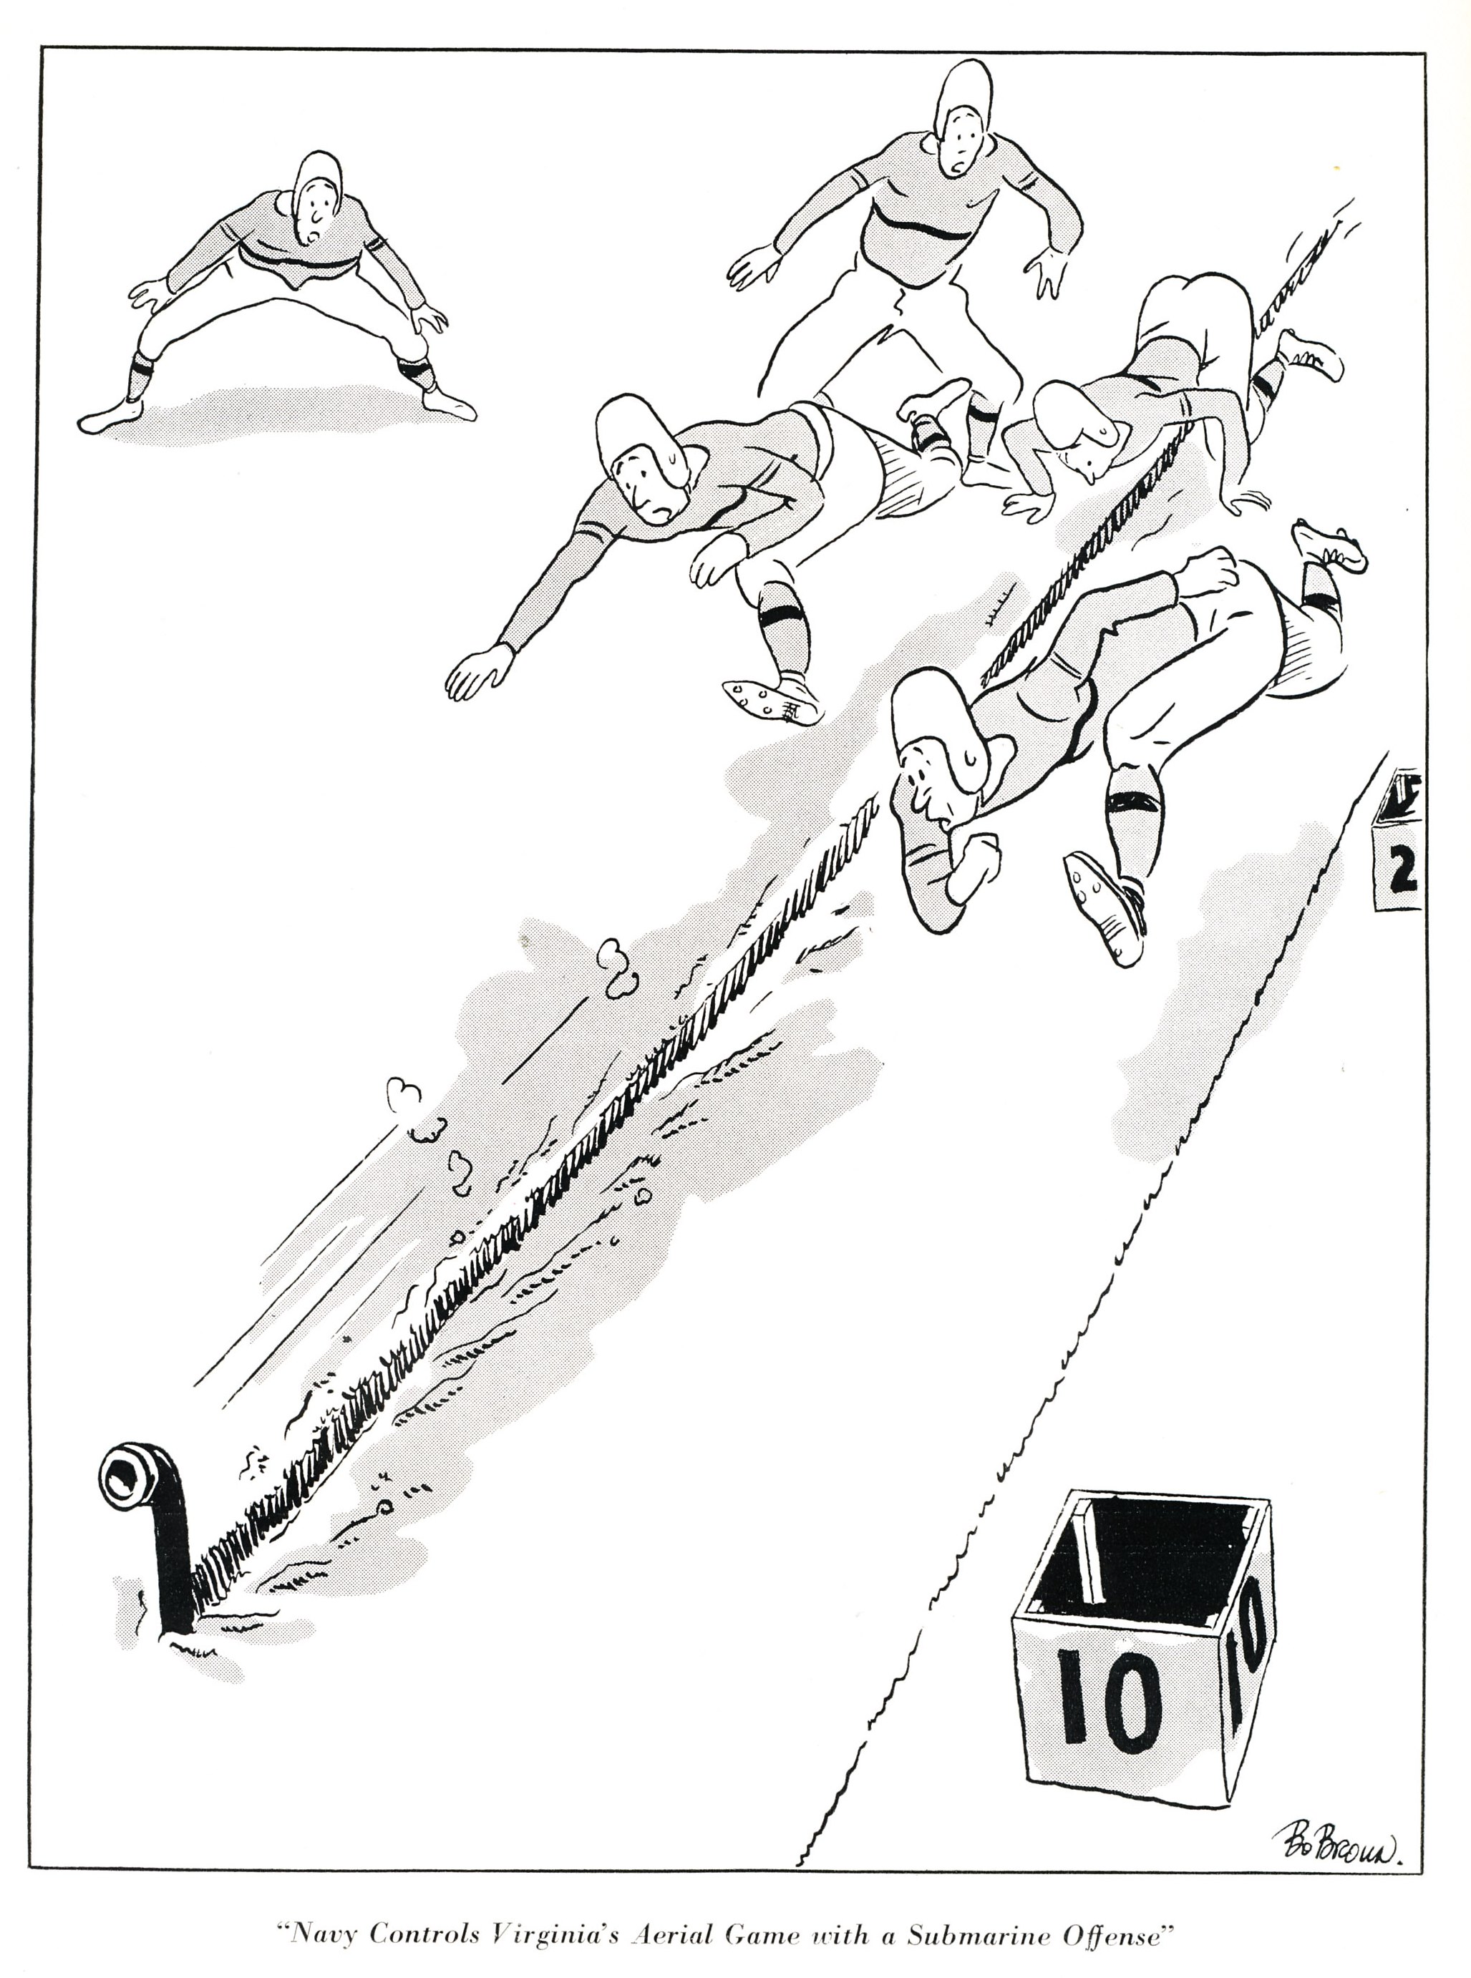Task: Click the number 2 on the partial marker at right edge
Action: point(1401,872)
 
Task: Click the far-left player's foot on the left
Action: point(110,416)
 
